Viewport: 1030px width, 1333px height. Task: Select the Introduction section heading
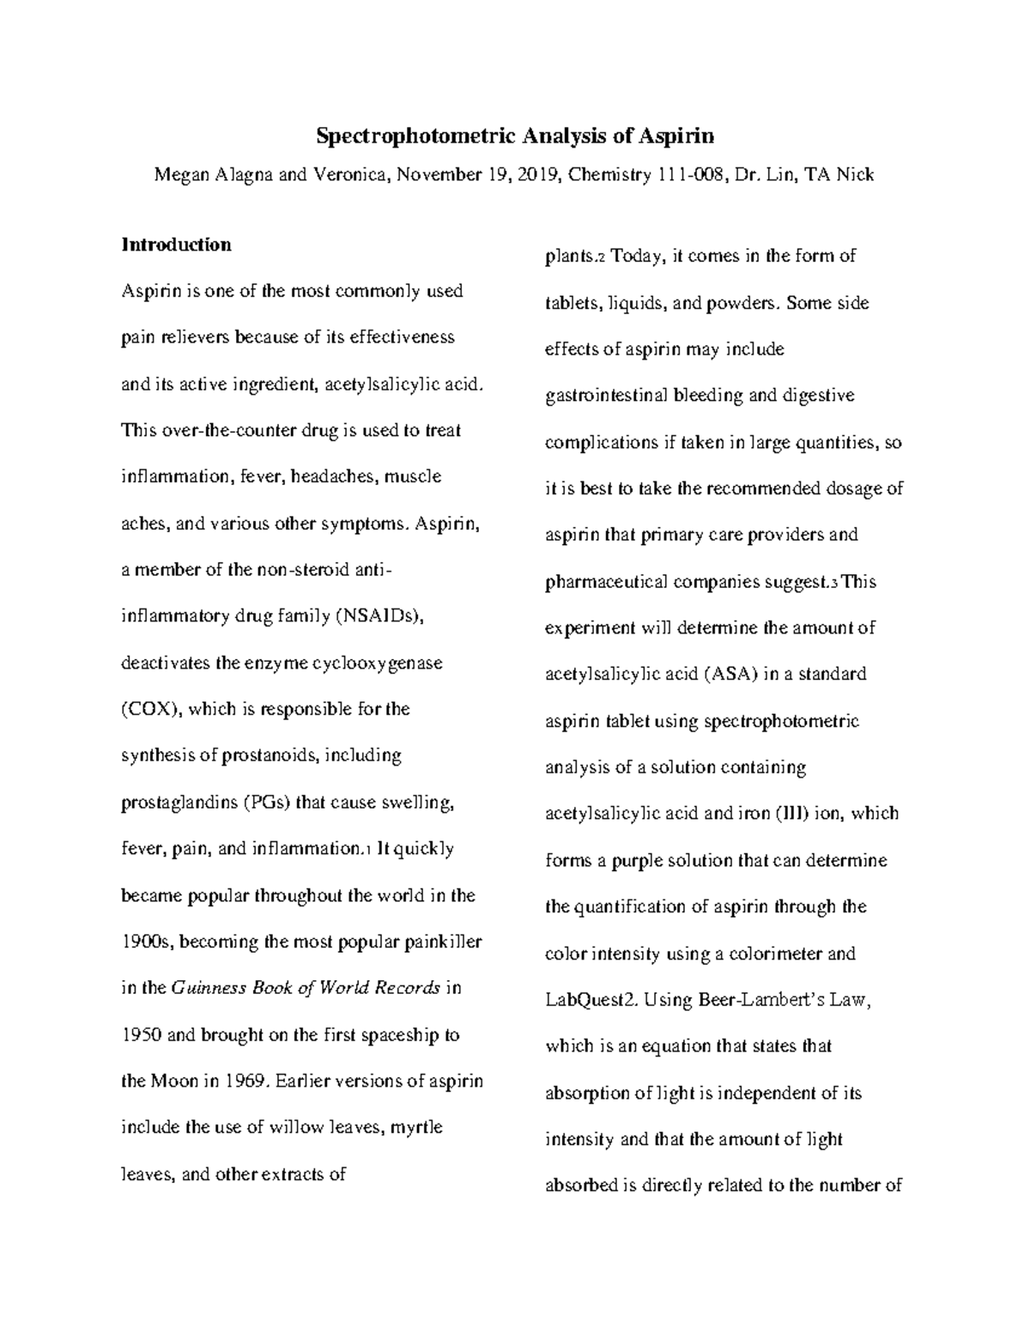[176, 245]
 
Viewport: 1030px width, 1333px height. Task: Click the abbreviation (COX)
[150, 709]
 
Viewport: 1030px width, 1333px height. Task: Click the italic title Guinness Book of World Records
[306, 988]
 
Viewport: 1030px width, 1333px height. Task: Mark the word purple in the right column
[639, 860]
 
